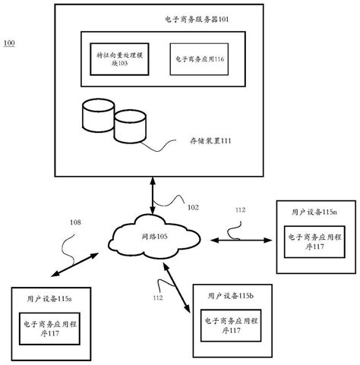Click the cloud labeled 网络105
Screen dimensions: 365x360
point(152,237)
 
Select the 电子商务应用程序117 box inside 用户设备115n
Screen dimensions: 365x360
point(311,242)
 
